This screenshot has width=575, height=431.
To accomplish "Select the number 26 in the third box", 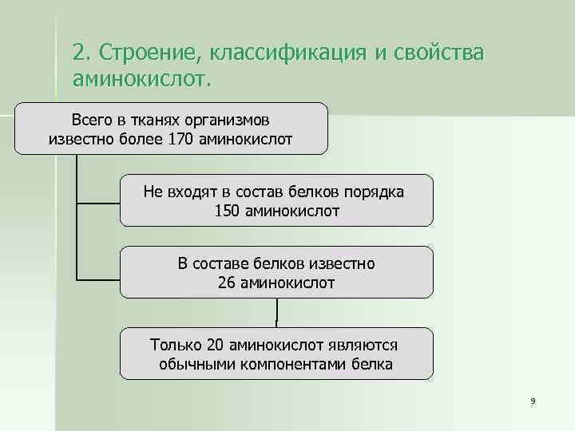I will pyautogui.click(x=227, y=283).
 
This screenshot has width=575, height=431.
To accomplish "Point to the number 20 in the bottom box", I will pyautogui.click(x=215, y=345).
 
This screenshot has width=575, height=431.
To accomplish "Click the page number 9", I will pyautogui.click(x=532, y=401).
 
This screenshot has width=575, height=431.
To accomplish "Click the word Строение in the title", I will pyautogui.click(x=149, y=53).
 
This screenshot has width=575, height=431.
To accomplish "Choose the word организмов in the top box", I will pyautogui.click(x=232, y=121).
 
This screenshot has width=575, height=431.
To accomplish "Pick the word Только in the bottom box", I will pyautogui.click(x=176, y=345).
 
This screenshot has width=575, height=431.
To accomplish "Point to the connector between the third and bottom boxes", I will pyautogui.click(x=276, y=312).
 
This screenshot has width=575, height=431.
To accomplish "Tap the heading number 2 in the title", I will pyautogui.click(x=77, y=53).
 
